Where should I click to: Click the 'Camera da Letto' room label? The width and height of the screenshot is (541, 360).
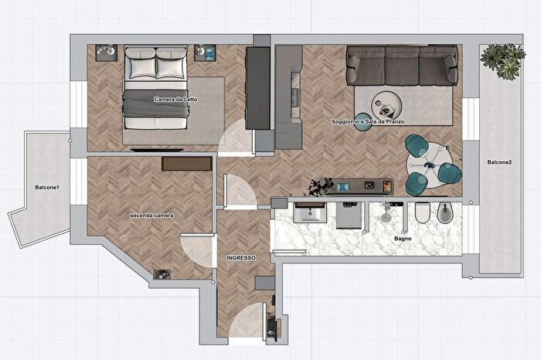[x=175, y=100]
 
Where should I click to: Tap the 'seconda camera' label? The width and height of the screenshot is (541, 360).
[x=151, y=216]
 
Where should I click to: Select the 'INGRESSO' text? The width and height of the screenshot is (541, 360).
[x=241, y=257]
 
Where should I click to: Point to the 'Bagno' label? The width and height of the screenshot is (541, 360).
[x=403, y=238]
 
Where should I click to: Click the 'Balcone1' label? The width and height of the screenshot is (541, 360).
[x=47, y=187]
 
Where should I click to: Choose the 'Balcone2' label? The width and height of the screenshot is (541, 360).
[x=499, y=162]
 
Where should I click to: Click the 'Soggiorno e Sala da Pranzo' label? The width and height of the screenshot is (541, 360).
[x=368, y=121]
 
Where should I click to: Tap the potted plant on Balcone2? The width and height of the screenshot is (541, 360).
[x=503, y=60]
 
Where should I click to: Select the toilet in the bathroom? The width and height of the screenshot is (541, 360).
[x=422, y=212]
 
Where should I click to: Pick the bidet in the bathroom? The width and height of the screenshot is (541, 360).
[x=445, y=212]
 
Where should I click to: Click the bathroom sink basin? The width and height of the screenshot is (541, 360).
[x=310, y=212]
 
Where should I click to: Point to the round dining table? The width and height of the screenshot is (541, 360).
[x=429, y=165]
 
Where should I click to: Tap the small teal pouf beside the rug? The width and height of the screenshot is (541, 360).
[x=362, y=122]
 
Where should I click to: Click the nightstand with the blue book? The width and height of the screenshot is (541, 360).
[x=205, y=53]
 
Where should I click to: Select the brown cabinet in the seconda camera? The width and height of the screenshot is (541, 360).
[x=187, y=164]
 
